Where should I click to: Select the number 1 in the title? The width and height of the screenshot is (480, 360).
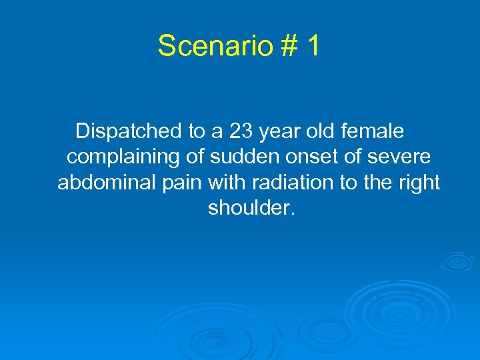point(311,46)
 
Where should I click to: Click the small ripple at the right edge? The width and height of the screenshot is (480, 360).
point(458,261)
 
